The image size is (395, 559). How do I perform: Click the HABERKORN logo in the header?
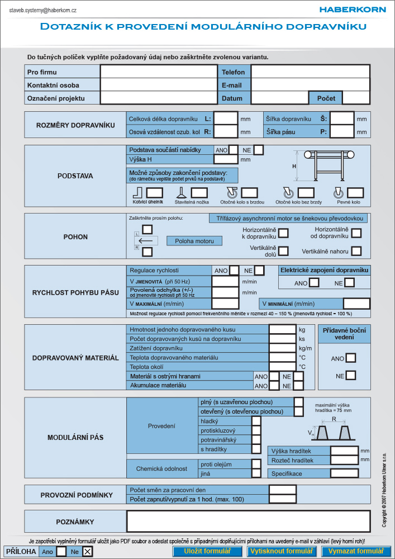tap(352, 10)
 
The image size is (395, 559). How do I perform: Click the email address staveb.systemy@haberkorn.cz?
tap(43, 10)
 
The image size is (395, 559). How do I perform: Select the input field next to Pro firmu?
tap(159, 72)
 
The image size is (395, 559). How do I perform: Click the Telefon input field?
tap(311, 72)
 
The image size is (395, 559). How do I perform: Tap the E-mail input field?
tap(311, 85)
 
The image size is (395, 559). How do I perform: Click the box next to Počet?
tap(356, 98)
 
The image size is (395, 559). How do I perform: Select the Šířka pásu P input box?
tap(342, 131)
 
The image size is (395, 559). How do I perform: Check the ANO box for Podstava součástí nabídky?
tap(234, 150)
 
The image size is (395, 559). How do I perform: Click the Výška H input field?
tap(226, 159)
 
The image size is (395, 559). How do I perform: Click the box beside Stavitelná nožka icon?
tap(199, 193)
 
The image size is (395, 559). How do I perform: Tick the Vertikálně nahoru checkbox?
tap(356, 251)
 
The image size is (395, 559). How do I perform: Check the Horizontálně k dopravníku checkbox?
tap(283, 234)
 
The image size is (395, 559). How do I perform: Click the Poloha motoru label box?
tap(194, 241)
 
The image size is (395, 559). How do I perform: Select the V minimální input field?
tap(356, 304)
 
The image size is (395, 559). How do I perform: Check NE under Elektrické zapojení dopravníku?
tap(350, 283)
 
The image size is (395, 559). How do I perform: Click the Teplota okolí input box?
tap(283, 367)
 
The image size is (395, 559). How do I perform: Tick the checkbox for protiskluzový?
tap(256, 430)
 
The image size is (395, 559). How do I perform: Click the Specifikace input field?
tap(344, 473)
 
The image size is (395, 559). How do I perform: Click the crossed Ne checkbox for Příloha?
tap(88, 552)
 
